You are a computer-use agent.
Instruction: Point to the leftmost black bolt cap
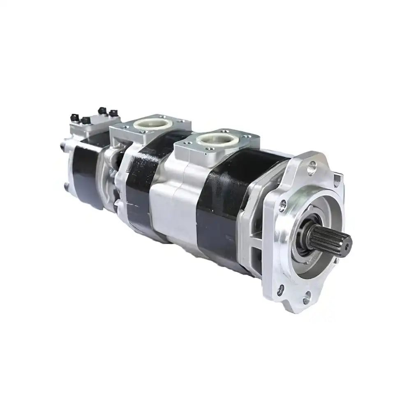click(74, 115)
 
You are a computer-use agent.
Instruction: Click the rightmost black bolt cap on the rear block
click(112, 112)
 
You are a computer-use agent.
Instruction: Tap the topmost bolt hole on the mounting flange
click(312, 166)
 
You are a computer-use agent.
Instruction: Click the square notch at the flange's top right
click(337, 178)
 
